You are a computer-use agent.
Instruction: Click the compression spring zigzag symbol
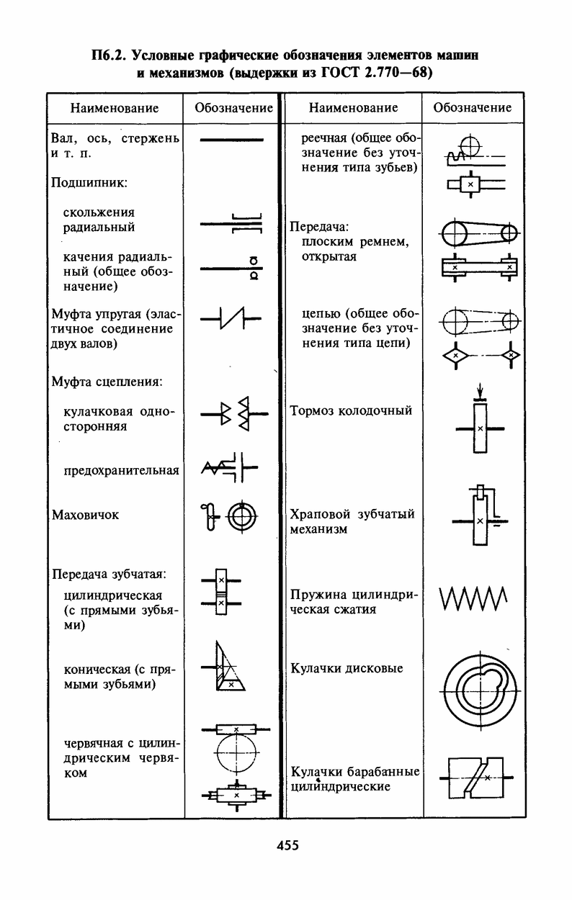point(473,597)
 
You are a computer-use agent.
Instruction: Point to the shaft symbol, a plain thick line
point(231,139)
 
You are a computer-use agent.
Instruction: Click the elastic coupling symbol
point(231,317)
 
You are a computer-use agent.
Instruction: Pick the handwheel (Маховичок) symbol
point(231,516)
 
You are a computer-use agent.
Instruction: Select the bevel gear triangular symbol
point(228,667)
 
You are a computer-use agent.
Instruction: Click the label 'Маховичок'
point(86,515)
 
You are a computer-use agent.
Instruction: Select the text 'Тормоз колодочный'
point(351,410)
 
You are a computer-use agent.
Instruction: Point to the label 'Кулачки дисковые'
point(347,668)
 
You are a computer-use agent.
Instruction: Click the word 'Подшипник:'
point(89,183)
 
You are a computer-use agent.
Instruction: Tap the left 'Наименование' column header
point(114,108)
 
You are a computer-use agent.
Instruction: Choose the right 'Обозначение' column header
point(473,108)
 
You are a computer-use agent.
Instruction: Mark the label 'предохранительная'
point(121,471)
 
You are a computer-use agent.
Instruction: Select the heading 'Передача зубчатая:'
point(110,574)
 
